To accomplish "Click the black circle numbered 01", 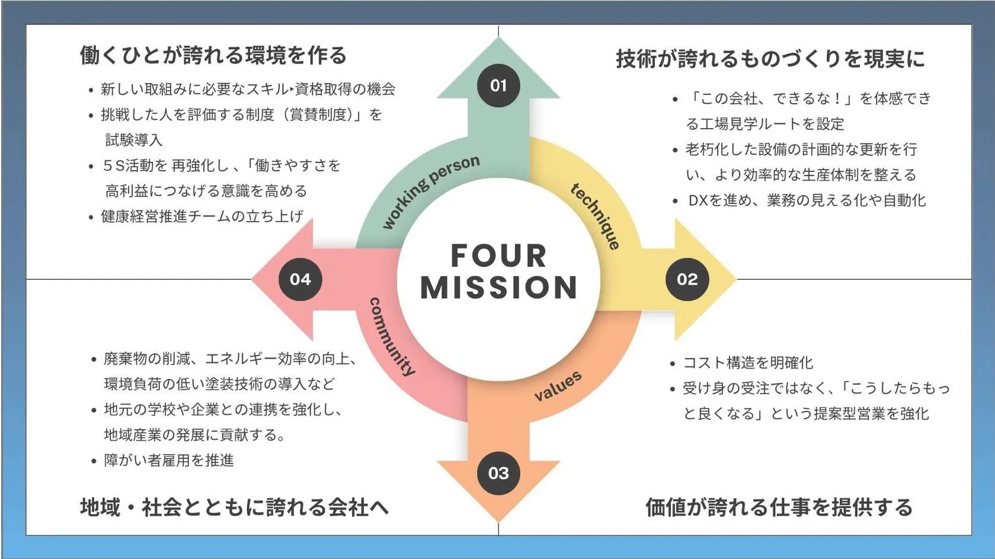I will (498, 85).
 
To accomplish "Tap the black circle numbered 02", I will (687, 279).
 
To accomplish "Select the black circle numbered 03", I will (498, 473).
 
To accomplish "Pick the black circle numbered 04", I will (300, 279).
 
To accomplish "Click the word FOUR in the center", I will (498, 256).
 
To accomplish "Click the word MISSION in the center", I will (498, 288).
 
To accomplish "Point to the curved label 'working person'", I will (430, 190).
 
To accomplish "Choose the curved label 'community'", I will (392, 337).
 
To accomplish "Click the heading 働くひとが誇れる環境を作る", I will (213, 55).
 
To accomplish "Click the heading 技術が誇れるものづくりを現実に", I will (770, 59).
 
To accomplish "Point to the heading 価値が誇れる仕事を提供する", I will (779, 507).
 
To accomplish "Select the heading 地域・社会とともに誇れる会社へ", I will (235, 507).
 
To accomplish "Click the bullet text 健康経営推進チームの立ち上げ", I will (202, 216).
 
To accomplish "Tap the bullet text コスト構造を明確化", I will (748, 363).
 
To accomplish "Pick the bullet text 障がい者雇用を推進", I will (169, 461).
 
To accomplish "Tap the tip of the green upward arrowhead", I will (498, 39).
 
